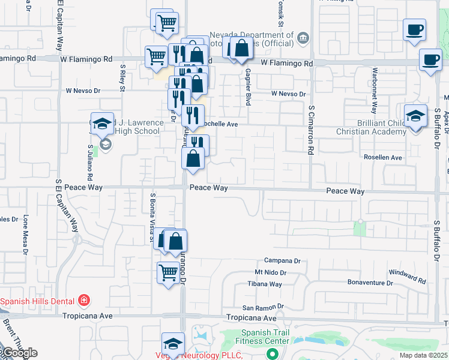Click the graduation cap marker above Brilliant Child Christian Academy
click(x=415, y=117)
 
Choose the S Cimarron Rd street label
click(x=311, y=130)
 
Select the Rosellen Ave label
click(x=383, y=157)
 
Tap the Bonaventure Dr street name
click(x=370, y=282)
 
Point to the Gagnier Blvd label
click(x=247, y=86)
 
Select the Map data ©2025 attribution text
click(x=424, y=356)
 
